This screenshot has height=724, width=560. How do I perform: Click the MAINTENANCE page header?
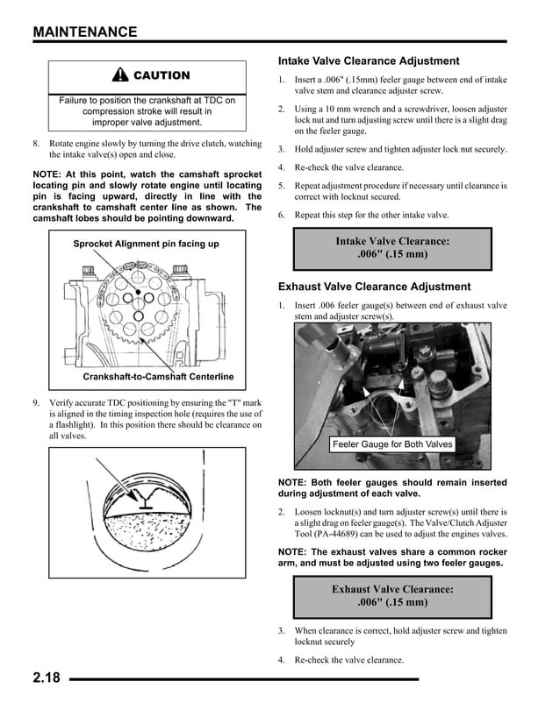point(85,32)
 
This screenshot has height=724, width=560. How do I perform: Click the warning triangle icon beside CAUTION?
point(121,76)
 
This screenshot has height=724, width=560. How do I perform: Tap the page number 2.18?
point(47,678)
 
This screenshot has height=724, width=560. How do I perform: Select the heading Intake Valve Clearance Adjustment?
point(369,61)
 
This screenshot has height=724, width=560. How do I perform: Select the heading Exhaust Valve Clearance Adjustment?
point(374,287)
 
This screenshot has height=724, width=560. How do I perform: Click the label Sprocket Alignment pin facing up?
point(146,244)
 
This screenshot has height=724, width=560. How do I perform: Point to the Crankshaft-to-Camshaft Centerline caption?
point(158,377)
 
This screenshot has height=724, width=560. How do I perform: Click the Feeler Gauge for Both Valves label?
point(392,444)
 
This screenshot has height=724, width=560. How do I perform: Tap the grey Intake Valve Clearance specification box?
point(392,248)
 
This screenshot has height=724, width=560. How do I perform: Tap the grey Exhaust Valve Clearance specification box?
point(392,596)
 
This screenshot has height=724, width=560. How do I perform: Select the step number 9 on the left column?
point(36,402)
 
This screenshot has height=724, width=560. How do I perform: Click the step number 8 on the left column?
point(36,143)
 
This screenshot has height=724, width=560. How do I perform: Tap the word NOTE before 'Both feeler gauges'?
point(294,482)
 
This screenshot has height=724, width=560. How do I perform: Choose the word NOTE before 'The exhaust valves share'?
point(294,550)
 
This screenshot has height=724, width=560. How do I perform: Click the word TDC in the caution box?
point(224,101)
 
